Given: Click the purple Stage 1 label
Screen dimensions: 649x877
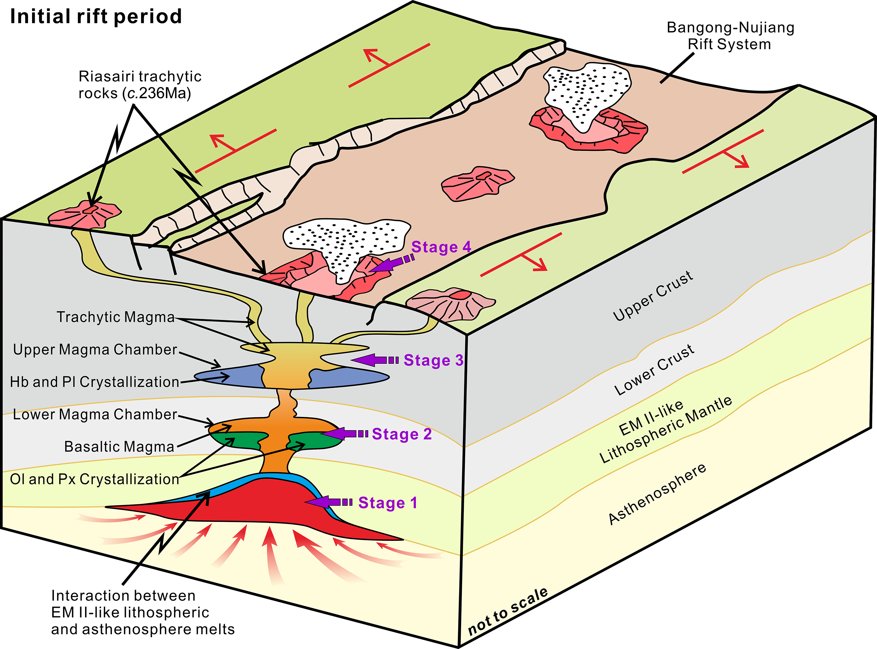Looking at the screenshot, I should pos(387,503).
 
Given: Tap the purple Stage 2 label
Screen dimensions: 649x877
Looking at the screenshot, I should pos(401,434).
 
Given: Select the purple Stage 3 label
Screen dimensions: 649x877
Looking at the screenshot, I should pos(433,360).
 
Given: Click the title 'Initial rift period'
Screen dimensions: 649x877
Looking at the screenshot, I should pos(96,17).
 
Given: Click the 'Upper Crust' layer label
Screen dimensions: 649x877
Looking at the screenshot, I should pos(653,295).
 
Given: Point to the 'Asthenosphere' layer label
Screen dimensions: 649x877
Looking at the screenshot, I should pos(657,494).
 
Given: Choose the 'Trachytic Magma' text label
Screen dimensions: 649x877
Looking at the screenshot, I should pos(115,317).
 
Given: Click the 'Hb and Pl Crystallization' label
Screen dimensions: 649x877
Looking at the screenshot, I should pos(94,382).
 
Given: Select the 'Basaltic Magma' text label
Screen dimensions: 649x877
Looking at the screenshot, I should pos(119,447).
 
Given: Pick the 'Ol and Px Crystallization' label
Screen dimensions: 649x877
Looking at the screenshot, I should pos(94,479).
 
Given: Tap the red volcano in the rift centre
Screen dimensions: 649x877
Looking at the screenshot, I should pos(477,183).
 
